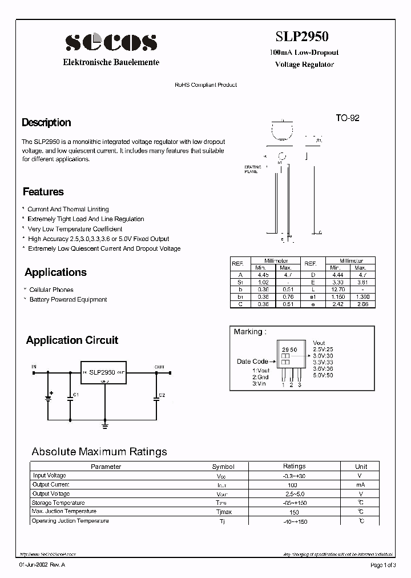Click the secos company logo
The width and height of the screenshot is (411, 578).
coord(111,42)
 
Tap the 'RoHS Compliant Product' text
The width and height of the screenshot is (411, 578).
coord(205,85)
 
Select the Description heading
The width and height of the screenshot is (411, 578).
coord(46,122)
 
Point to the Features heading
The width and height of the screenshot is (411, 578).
coord(43,192)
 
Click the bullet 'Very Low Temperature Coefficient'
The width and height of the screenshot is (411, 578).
coord(75,229)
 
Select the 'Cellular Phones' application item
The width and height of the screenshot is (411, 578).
coord(51,290)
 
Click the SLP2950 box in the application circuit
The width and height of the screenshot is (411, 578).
coord(103,372)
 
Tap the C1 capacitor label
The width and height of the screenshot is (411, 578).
coord(76,395)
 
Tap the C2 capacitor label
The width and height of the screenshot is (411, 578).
coord(162,395)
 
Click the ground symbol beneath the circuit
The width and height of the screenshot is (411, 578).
coord(105,424)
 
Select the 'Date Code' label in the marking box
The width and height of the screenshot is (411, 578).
coord(252,362)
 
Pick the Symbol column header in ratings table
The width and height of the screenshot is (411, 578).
coord(223,467)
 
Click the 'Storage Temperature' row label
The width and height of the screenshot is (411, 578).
coord(59,503)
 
